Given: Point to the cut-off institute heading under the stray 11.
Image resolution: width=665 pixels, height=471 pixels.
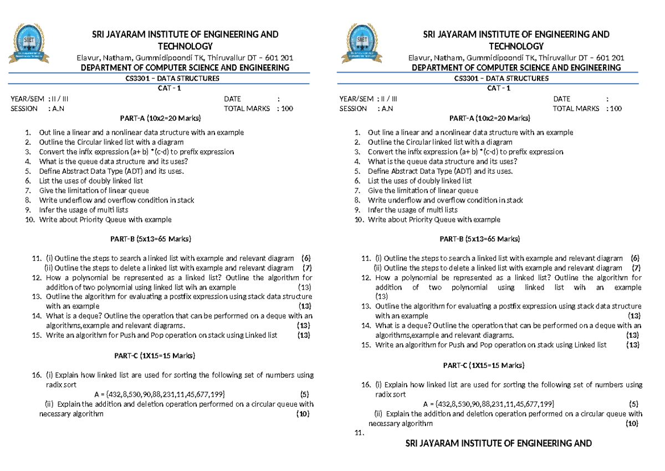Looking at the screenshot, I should click(x=499, y=443).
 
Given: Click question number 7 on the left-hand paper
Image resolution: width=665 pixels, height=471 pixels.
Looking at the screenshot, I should click(x=27, y=190).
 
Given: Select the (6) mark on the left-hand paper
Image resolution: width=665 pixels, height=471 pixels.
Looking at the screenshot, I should click(x=306, y=258).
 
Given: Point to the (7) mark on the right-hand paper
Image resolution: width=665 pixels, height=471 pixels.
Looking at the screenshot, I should click(x=636, y=268).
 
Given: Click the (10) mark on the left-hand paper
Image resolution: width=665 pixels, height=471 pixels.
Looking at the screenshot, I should click(x=303, y=414).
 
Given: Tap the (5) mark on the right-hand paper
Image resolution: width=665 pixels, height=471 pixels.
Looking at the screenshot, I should click(x=633, y=403).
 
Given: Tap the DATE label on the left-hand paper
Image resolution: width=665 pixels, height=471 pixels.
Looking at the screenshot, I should click(x=233, y=99).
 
